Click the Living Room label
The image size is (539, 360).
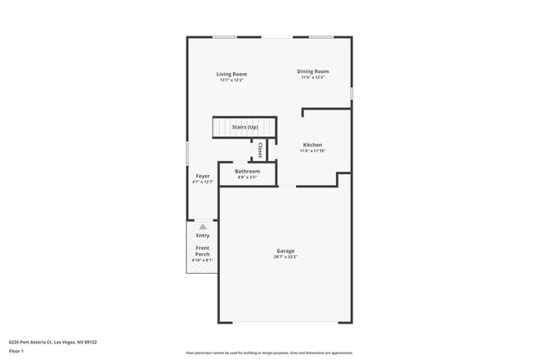pos(232,74)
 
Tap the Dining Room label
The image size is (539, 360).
pos(313,71)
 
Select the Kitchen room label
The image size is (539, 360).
pos(313,144)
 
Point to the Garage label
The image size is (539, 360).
pos(285,251)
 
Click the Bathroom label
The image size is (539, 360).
pos(247,171)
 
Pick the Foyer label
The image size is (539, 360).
pos(203,176)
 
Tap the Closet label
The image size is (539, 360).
pos(260,150)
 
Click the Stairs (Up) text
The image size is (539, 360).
pos(245,127)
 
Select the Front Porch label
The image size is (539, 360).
pos(203,251)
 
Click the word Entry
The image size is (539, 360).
pos(203,236)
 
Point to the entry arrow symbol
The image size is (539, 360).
pos(203,226)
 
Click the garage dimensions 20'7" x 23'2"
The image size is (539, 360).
pos(285,257)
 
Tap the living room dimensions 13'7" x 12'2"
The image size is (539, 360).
pos(232,80)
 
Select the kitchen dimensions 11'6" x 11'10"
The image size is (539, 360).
pos(313,151)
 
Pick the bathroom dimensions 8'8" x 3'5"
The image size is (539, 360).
pos(247,178)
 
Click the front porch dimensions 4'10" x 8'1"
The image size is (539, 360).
pos(203,260)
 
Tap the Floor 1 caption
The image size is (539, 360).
pos(17,351)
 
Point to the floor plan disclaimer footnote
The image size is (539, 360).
pos(269,353)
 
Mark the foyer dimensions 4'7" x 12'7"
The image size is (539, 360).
pos(203,182)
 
